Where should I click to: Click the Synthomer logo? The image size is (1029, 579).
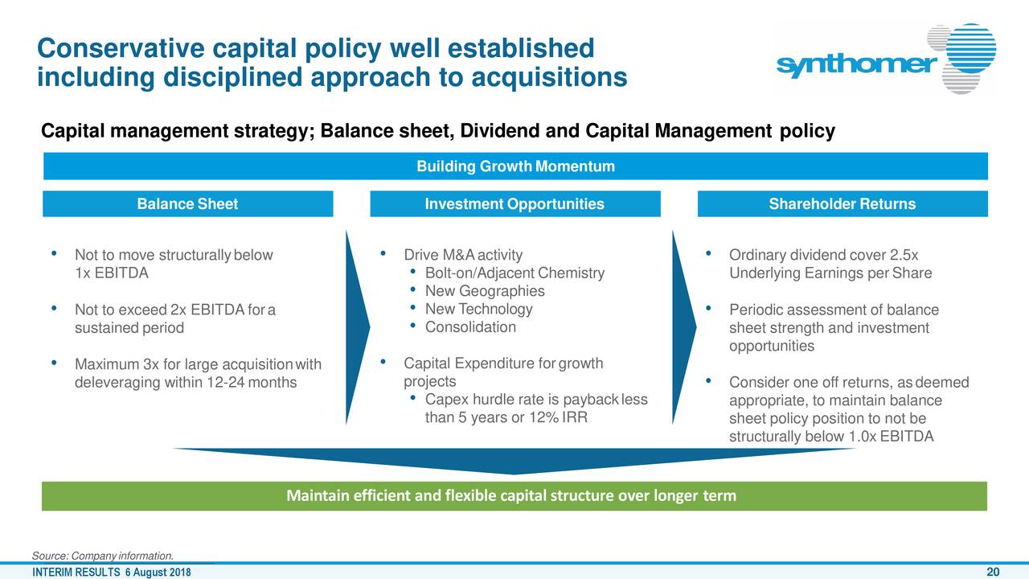point(887,59)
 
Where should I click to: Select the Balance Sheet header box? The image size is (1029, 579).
point(188,203)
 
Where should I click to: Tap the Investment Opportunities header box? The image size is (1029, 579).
point(515,203)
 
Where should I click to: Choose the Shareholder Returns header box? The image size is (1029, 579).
point(842,203)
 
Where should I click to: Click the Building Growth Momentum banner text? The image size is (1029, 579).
point(515,166)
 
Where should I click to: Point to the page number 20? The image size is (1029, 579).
point(993,572)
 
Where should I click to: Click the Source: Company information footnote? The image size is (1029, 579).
point(103,556)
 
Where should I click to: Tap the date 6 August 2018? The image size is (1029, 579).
point(158,573)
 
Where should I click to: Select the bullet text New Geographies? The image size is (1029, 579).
point(485,291)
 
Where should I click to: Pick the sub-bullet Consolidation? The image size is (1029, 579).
point(470,327)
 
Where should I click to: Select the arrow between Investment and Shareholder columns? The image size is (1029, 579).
point(683,327)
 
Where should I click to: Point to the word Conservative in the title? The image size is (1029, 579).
point(121,48)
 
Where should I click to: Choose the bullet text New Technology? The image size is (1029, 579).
point(478,310)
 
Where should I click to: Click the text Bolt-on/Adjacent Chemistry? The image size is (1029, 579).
point(514,273)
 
